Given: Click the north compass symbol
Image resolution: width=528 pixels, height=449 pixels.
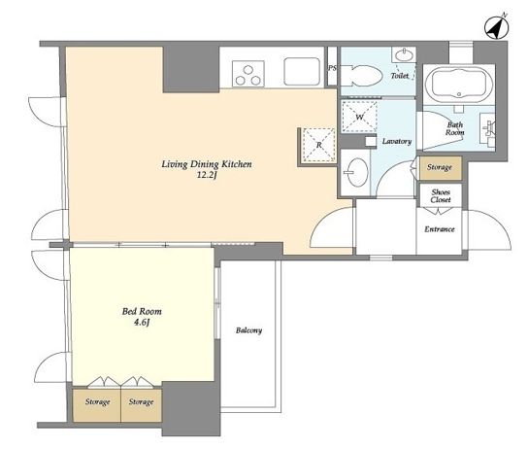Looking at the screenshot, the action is pos(496,26).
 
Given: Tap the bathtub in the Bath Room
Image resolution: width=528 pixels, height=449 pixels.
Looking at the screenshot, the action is pos(458,85).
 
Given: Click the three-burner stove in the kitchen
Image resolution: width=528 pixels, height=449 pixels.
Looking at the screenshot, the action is pos(248,73).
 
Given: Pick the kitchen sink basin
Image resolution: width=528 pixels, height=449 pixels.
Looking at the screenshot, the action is pos(302,72).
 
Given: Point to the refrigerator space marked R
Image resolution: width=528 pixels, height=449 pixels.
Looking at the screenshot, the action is pos(319,145).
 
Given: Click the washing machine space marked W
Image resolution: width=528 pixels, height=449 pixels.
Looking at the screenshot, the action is pos(360,117).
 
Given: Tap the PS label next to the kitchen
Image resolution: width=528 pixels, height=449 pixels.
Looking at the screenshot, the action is pos(332,68).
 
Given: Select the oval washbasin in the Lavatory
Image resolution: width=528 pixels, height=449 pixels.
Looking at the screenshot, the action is pos(356,172).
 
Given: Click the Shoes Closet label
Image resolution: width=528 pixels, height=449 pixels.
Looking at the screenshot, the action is pos(441,196).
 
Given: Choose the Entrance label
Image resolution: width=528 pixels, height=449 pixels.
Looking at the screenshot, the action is pos(440,229).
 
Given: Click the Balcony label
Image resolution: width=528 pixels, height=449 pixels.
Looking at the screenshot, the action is pos(248,330).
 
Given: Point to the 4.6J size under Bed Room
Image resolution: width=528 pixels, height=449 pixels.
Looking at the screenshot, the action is pos(142,323).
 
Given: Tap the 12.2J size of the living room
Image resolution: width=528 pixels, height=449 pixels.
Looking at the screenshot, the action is pos(207,175).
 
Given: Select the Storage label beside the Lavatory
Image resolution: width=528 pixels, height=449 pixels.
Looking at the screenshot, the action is pos(440,167).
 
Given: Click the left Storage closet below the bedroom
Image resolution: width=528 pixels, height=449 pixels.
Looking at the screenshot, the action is pos(97,405).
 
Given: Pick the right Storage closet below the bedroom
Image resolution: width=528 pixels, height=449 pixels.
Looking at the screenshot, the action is pos(141,405).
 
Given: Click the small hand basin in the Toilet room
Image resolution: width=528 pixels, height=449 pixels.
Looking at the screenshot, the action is pos(403,54).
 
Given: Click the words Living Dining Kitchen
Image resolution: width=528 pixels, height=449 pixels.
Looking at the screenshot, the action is pos(207,164).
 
